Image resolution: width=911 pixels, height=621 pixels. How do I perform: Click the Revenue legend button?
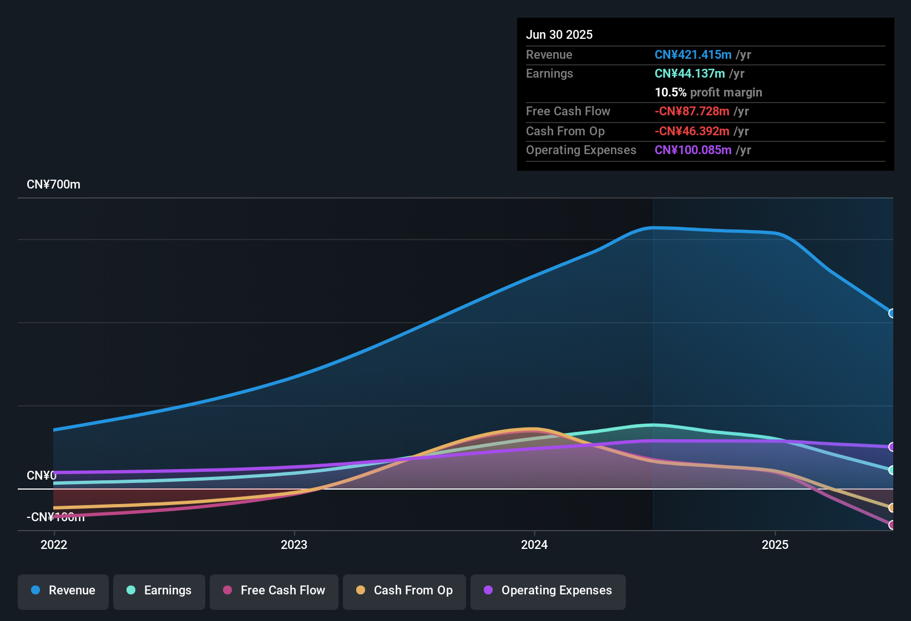click(63, 591)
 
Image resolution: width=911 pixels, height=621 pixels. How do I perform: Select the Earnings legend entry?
click(159, 591)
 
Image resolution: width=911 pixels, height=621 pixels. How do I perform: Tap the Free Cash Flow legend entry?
click(274, 591)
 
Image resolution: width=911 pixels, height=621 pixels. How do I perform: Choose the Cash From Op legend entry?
click(404, 591)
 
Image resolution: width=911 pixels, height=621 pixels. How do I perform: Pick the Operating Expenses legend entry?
click(548, 591)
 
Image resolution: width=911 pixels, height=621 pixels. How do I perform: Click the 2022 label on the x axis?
click(54, 544)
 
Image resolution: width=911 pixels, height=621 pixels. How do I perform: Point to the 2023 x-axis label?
click(294, 544)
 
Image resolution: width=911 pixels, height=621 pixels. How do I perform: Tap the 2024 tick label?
click(534, 544)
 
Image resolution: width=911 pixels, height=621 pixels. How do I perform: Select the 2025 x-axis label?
click(775, 544)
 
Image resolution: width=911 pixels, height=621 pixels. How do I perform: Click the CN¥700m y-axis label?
click(53, 185)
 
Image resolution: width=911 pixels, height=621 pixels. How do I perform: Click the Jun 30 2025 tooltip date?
click(559, 34)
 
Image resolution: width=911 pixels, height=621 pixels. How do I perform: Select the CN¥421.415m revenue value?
click(693, 54)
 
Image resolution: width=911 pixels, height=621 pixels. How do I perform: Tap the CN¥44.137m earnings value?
click(690, 74)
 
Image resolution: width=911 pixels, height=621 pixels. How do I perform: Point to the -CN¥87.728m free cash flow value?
click(692, 111)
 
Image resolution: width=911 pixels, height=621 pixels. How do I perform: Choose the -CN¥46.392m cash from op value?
click(692, 131)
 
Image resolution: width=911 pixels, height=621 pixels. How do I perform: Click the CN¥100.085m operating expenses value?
click(693, 150)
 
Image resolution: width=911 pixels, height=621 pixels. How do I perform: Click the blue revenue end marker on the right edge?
click(892, 313)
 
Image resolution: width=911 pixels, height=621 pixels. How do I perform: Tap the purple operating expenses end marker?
click(892, 447)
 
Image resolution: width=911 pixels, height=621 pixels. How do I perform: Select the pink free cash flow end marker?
click(892, 525)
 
